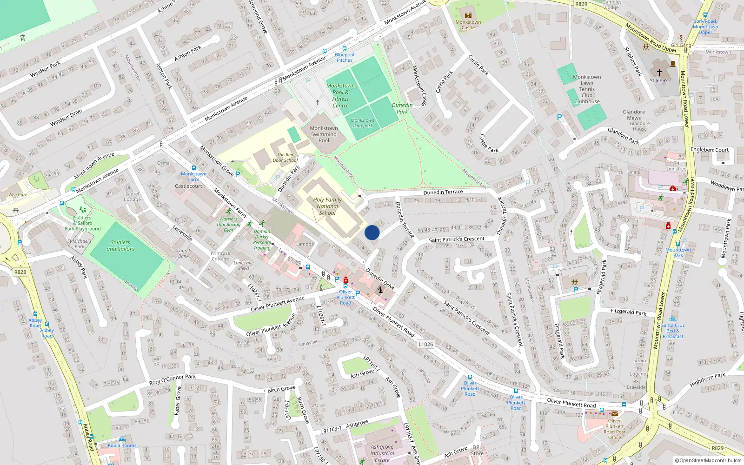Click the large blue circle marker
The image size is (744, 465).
click(x=372, y=232)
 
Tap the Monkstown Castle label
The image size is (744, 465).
click(x=468, y=25)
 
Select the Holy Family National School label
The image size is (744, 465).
click(x=327, y=206)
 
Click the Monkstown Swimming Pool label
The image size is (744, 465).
click(x=324, y=134)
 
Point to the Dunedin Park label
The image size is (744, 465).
click(x=402, y=108)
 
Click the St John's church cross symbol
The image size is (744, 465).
click(x=659, y=73)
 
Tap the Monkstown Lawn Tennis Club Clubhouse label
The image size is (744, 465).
click(x=587, y=89)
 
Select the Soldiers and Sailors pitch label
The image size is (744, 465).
click(x=120, y=246)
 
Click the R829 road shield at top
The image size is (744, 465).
click(x=581, y=4)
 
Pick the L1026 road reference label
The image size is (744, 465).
click(x=425, y=344)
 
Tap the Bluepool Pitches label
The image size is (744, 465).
click(x=345, y=57)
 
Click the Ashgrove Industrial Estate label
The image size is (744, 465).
click(x=382, y=453)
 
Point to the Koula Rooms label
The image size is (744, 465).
click(x=122, y=445)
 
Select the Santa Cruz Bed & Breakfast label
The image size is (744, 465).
click(x=673, y=331)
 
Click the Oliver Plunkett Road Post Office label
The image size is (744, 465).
click(x=614, y=429)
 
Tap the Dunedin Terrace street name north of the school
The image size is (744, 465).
click(x=443, y=192)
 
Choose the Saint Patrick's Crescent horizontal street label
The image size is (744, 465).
click(x=456, y=239)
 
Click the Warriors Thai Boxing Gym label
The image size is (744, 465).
click(x=228, y=225)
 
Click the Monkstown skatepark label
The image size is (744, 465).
click(x=362, y=123)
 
